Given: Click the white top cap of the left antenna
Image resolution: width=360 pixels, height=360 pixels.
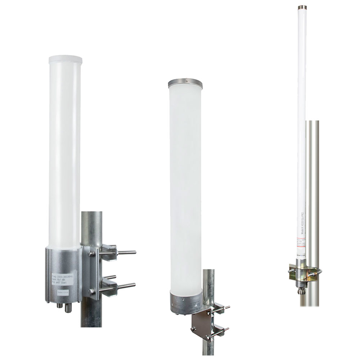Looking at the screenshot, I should point(65,59).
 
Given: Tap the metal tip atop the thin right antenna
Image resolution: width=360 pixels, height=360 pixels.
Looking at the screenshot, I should point(302,7).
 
